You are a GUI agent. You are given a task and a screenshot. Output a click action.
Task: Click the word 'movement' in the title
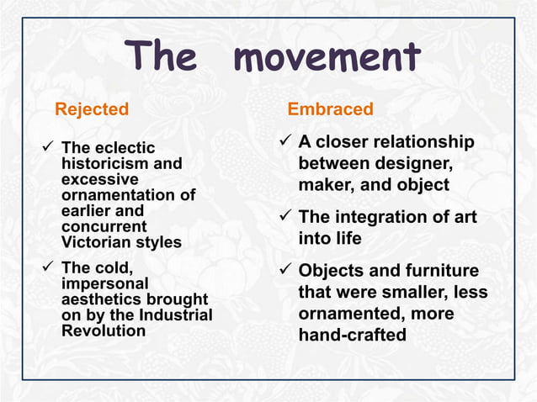[327, 58]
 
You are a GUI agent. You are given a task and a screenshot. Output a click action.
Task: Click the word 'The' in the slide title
[162, 58]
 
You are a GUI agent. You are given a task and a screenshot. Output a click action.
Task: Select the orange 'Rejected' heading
[92, 109]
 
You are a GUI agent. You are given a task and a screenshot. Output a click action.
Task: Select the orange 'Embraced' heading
[330, 109]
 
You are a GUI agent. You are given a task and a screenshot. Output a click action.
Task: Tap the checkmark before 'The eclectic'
[49, 149]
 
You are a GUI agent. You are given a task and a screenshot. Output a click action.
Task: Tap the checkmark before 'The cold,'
[49, 269]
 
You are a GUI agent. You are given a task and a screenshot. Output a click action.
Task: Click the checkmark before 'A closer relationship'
[284, 142]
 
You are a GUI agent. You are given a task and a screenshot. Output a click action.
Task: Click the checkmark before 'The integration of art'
[284, 217]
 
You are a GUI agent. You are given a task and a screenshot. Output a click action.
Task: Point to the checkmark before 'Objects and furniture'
[284, 271]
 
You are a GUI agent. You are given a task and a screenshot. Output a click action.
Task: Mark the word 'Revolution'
[103, 331]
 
